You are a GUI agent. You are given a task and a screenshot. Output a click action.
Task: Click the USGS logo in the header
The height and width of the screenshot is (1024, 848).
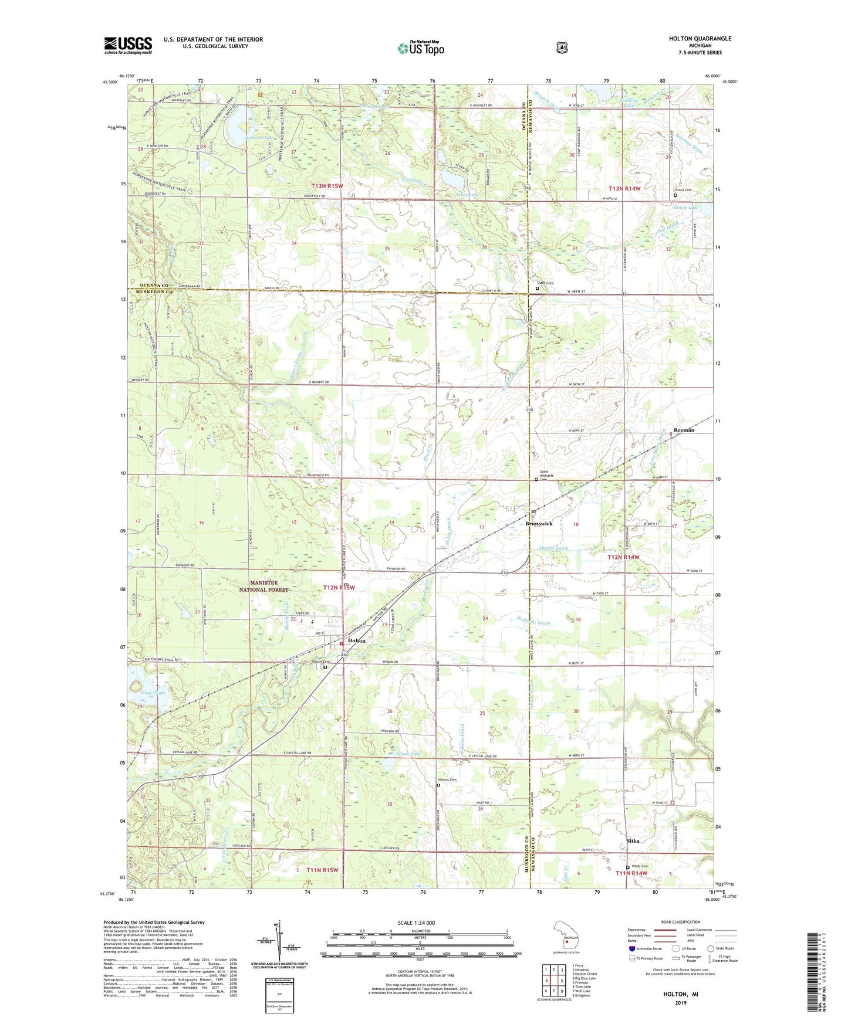[128, 45]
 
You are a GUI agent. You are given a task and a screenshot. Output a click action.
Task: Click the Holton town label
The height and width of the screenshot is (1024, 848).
[356, 641]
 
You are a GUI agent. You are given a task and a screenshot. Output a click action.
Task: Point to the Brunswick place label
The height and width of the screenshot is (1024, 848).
[539, 523]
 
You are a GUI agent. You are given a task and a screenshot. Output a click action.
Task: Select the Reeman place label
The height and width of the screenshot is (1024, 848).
[684, 430]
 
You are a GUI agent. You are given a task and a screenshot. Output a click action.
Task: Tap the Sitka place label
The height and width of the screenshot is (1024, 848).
[633, 840]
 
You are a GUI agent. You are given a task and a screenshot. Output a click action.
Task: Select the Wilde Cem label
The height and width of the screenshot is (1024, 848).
[640, 866]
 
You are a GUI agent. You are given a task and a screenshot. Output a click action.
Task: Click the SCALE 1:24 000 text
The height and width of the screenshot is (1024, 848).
[416, 923]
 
